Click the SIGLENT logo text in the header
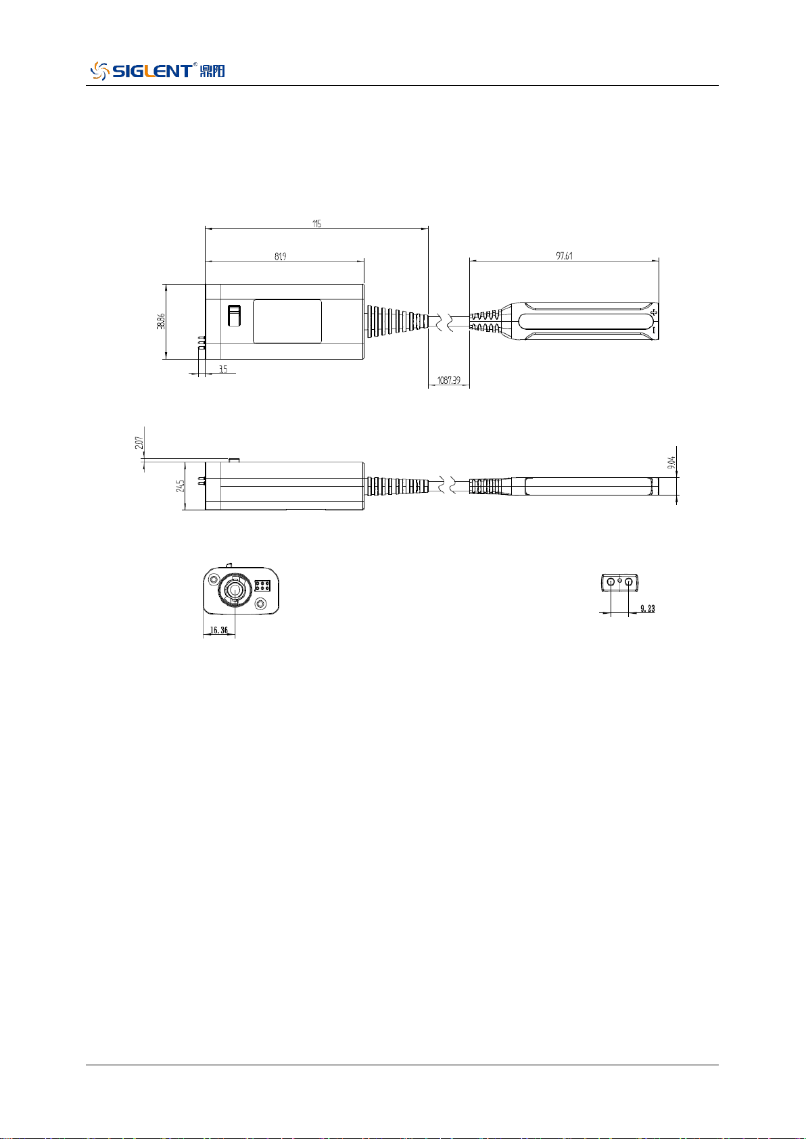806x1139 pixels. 151,71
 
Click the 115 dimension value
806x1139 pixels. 317,224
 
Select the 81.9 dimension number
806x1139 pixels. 280,256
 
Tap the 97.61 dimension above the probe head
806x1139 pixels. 564,256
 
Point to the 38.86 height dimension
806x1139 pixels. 161,321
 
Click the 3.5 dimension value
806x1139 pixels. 223,369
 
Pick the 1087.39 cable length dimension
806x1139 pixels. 448,380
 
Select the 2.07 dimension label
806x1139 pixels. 139,442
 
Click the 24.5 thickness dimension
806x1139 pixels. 180,485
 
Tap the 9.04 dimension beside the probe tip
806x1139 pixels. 671,462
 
